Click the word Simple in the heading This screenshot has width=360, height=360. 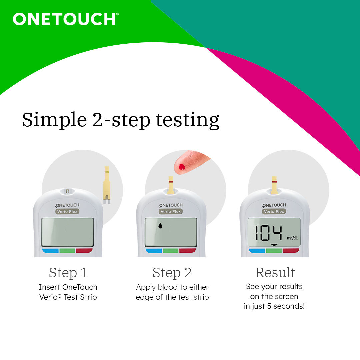tap(54, 120)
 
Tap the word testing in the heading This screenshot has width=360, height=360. tap(188, 120)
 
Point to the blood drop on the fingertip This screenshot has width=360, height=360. tap(182, 167)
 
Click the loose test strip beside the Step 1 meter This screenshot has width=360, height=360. tap(107, 185)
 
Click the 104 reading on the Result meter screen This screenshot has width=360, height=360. tap(268, 233)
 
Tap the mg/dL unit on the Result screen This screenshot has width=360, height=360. tap(293, 238)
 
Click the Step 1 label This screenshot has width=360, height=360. tap(68, 273)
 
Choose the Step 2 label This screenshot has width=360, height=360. tap(172, 273)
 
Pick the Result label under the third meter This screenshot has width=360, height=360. tap(275, 273)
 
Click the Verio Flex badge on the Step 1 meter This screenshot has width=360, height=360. tap(68, 212)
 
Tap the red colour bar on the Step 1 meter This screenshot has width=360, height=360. tap(84, 251)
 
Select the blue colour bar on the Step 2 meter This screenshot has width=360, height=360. tap(153, 251)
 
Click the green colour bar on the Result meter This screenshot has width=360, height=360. tap(274, 251)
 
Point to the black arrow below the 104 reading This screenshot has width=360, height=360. tap(274, 245)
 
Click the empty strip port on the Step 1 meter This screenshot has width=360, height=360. tap(68, 191)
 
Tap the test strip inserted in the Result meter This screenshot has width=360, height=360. tap(274, 185)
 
